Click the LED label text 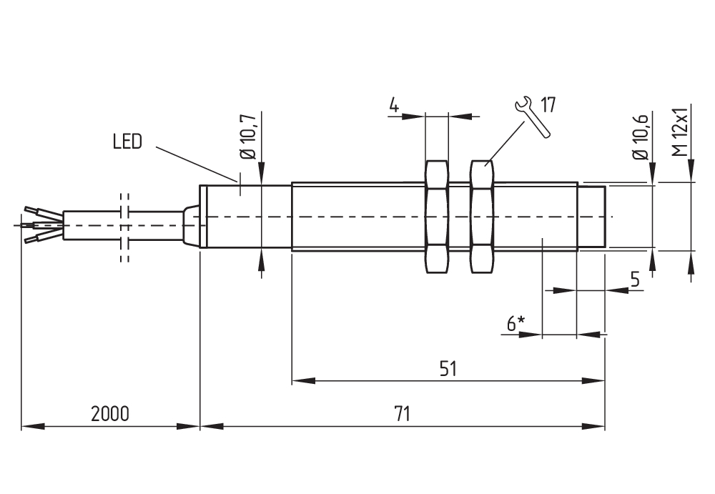click(x=128, y=142)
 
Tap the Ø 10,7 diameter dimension click(x=249, y=136)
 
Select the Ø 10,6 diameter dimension click(x=640, y=136)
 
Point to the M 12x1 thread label click(x=681, y=132)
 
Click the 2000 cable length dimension click(x=110, y=414)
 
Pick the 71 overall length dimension click(x=402, y=414)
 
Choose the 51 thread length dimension click(x=448, y=368)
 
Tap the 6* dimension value click(x=516, y=323)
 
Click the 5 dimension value click(x=635, y=279)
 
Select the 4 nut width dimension click(x=394, y=105)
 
